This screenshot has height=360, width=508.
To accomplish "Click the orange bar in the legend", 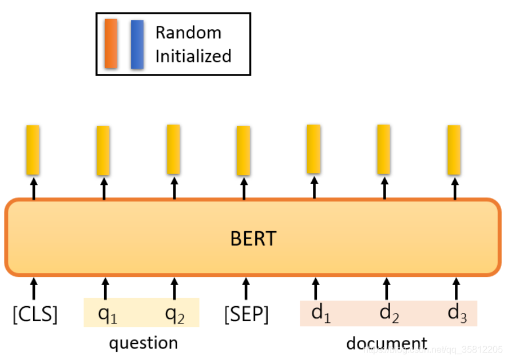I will pyautogui.click(x=111, y=43).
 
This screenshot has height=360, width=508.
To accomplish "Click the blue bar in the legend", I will pyautogui.click(x=137, y=44).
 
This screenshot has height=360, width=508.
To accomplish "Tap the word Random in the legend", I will pyautogui.click(x=188, y=33).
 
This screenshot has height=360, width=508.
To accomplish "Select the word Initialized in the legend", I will pyautogui.click(x=193, y=56).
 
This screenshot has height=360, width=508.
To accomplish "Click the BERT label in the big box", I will pyautogui.click(x=253, y=238).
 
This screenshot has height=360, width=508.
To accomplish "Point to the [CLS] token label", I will pyautogui.click(x=35, y=314).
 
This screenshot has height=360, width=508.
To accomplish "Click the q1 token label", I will pyautogui.click(x=107, y=314).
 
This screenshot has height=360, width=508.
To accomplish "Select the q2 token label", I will pyautogui.click(x=174, y=314).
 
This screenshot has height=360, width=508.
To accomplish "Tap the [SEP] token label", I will pyautogui.click(x=246, y=314).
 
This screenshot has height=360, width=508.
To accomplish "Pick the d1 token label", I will pyautogui.click(x=320, y=313).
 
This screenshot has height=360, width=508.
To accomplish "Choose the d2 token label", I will pyautogui.click(x=390, y=313).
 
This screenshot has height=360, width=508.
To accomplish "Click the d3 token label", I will pyautogui.click(x=458, y=313).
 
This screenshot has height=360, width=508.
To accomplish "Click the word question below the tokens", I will pyautogui.click(x=144, y=343).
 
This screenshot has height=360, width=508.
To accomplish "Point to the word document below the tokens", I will pyautogui.click(x=387, y=344).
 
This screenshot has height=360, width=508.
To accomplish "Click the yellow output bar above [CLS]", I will pyautogui.click(x=33, y=150).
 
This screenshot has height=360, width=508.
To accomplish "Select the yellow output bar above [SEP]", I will pyautogui.click(x=244, y=151).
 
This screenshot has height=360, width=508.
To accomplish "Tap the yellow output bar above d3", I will pyautogui.click(x=454, y=150).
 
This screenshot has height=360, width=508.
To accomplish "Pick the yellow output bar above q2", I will pyautogui.click(x=173, y=149).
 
